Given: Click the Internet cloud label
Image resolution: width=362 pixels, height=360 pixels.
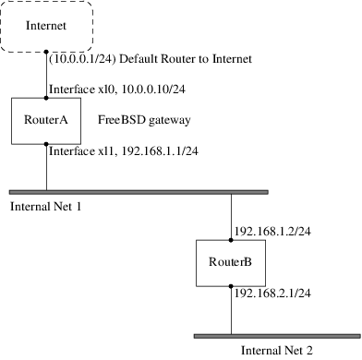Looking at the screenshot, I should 46,27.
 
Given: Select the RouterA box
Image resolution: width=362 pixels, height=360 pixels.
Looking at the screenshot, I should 46,120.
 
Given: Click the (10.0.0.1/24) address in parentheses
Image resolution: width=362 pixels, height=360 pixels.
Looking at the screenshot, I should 80,58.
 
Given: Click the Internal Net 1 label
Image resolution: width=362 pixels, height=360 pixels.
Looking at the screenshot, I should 46,206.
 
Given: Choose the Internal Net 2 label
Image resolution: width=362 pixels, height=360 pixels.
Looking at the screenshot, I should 277,350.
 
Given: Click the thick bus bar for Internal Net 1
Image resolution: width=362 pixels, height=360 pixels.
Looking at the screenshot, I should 139,191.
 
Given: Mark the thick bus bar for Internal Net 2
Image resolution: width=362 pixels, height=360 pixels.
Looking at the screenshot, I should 277,335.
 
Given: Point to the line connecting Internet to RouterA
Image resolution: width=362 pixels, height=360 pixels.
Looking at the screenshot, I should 46,74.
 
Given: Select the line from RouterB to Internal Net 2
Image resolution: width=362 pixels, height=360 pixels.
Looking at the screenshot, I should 231,310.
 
